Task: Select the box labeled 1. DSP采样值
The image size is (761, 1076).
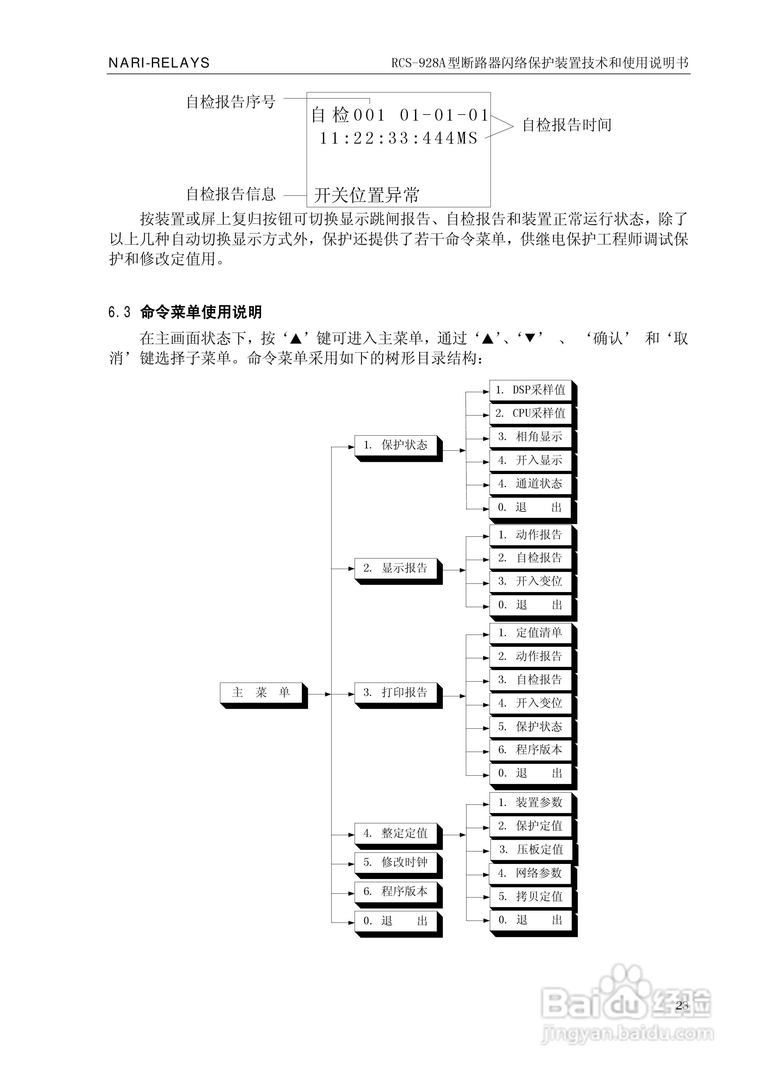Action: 530,390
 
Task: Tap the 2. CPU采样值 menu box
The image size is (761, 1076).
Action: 530,413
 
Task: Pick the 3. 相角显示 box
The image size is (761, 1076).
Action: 530,437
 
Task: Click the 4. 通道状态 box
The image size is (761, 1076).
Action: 530,484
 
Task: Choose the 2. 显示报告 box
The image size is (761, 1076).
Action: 396,568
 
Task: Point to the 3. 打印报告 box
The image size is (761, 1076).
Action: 396,693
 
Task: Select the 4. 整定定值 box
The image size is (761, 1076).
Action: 396,833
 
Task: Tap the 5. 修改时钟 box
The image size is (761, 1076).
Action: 396,862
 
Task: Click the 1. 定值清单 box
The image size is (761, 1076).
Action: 530,633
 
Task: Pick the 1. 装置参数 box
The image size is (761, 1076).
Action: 530,803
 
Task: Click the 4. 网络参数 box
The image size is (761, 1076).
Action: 530,873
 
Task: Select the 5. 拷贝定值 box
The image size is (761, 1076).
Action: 530,897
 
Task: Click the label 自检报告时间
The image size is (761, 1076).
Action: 567,125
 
